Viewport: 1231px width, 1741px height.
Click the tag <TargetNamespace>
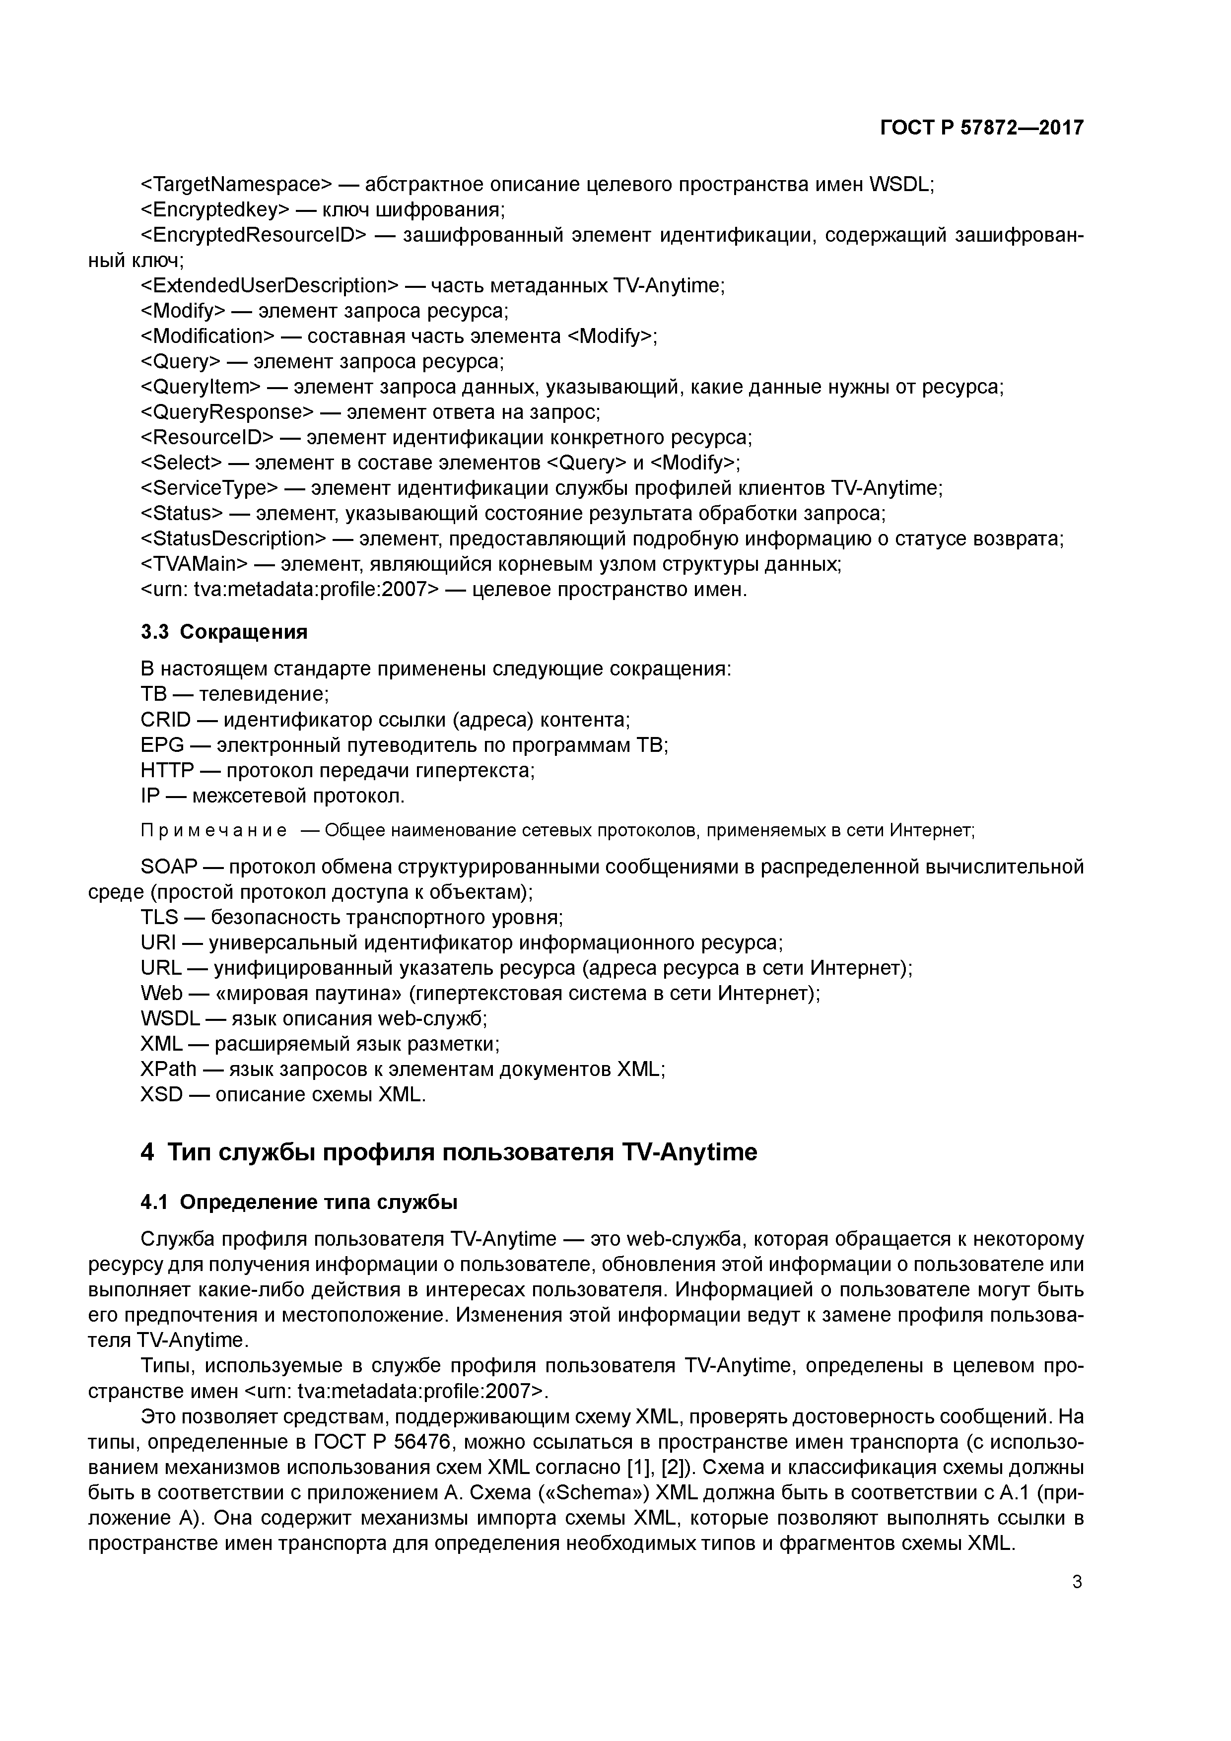tap(237, 184)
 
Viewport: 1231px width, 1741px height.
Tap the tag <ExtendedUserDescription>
tap(269, 286)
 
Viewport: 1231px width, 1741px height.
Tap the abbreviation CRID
tap(165, 720)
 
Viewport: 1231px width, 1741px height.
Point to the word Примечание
tap(214, 831)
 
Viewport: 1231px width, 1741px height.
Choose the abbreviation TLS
tap(159, 918)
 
